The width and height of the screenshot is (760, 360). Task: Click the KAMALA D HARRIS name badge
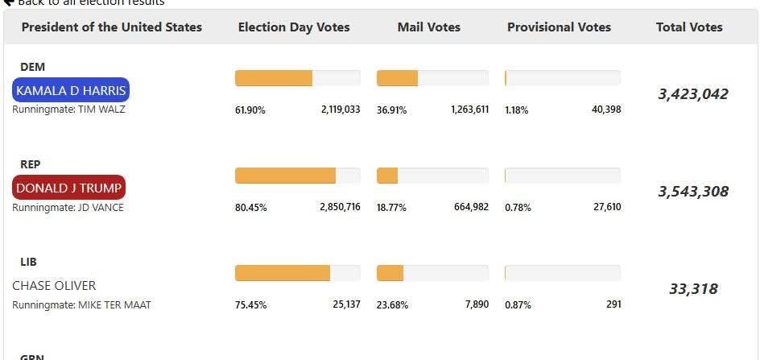pyautogui.click(x=71, y=90)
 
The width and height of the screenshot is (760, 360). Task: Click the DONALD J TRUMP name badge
pyautogui.click(x=69, y=188)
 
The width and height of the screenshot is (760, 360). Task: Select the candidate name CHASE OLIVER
pyautogui.click(x=54, y=285)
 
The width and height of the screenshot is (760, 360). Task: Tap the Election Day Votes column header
pyautogui.click(x=294, y=27)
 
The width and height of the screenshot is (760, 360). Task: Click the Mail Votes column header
pyautogui.click(x=429, y=27)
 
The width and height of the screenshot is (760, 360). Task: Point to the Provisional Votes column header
pyautogui.click(x=559, y=27)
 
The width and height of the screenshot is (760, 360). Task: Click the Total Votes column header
pyautogui.click(x=689, y=27)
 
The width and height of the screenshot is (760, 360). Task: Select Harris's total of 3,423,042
pyautogui.click(x=693, y=94)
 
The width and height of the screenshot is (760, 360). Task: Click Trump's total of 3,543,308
pyautogui.click(x=693, y=192)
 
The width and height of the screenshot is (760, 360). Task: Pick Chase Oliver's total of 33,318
pyautogui.click(x=693, y=289)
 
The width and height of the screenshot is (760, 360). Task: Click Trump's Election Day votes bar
pyautogui.click(x=297, y=176)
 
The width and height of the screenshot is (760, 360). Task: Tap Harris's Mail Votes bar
pyautogui.click(x=432, y=78)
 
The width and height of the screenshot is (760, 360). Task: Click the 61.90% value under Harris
pyautogui.click(x=250, y=110)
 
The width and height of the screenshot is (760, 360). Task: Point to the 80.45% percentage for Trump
pyautogui.click(x=250, y=208)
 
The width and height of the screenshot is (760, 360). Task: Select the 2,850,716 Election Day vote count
pyautogui.click(x=340, y=207)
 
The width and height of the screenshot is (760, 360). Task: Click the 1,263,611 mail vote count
pyautogui.click(x=469, y=110)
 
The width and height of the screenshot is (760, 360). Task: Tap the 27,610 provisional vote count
pyautogui.click(x=607, y=207)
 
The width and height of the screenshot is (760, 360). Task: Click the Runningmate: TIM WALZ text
pyautogui.click(x=68, y=110)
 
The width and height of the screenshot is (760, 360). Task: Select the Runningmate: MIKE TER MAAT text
pyautogui.click(x=81, y=305)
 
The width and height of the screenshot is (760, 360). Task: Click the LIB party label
pyautogui.click(x=29, y=262)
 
